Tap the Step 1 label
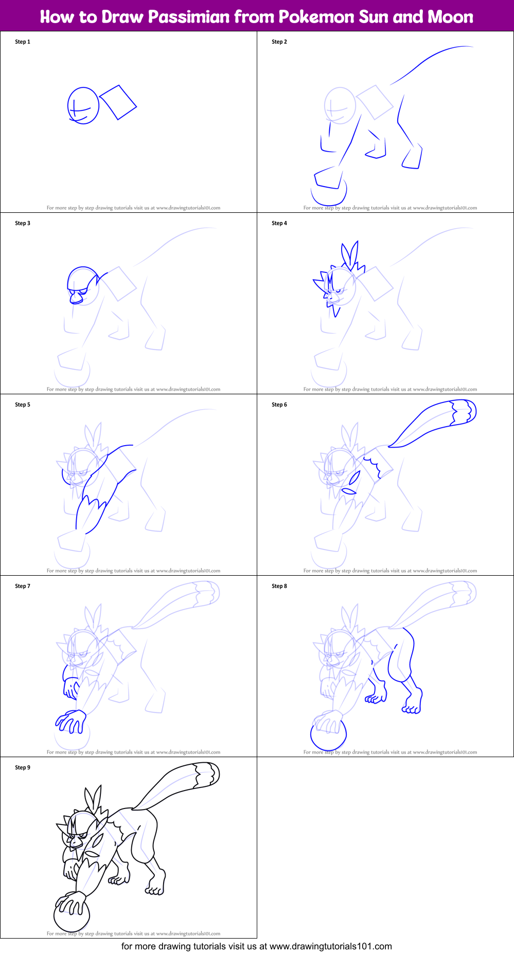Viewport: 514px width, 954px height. point(23,42)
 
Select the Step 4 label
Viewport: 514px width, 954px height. point(279,223)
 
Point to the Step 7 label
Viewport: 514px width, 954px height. point(23,586)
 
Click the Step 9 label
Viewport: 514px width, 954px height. point(23,767)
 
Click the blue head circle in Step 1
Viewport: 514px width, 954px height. point(83,105)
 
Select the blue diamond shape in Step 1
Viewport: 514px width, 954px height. point(118,102)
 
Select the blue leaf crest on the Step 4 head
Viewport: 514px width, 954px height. point(350,254)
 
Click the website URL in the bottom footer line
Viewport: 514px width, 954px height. point(330,946)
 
